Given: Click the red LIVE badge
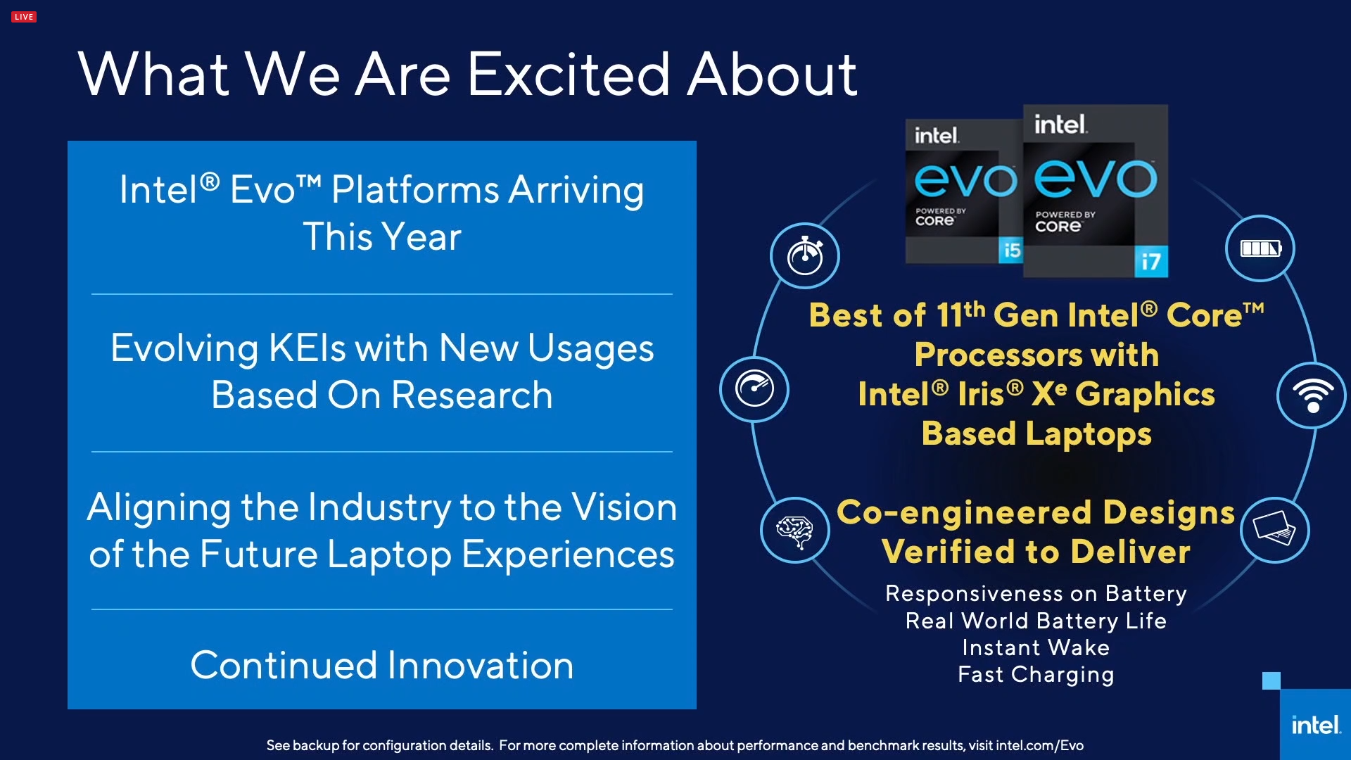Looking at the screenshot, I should [24, 17].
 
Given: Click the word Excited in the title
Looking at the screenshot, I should [569, 75].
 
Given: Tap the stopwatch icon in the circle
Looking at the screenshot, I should [805, 256].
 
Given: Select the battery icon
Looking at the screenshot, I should [1260, 248].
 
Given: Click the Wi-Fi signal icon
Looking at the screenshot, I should [1312, 395].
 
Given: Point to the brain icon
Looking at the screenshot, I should [794, 531].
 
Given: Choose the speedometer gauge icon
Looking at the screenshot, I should [754, 389].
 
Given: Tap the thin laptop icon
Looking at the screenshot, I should [1274, 530].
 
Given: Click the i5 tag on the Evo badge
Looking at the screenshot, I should [1012, 250].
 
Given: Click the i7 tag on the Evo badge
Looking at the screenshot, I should [1151, 262].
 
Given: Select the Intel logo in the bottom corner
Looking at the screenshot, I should [1315, 725].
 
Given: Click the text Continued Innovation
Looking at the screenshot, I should [382, 665].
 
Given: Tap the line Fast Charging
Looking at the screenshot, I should [1036, 674].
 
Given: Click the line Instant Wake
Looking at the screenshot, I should [1036, 647].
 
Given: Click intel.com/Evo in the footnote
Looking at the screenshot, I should [1039, 745].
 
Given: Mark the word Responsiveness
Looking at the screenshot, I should [974, 593].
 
